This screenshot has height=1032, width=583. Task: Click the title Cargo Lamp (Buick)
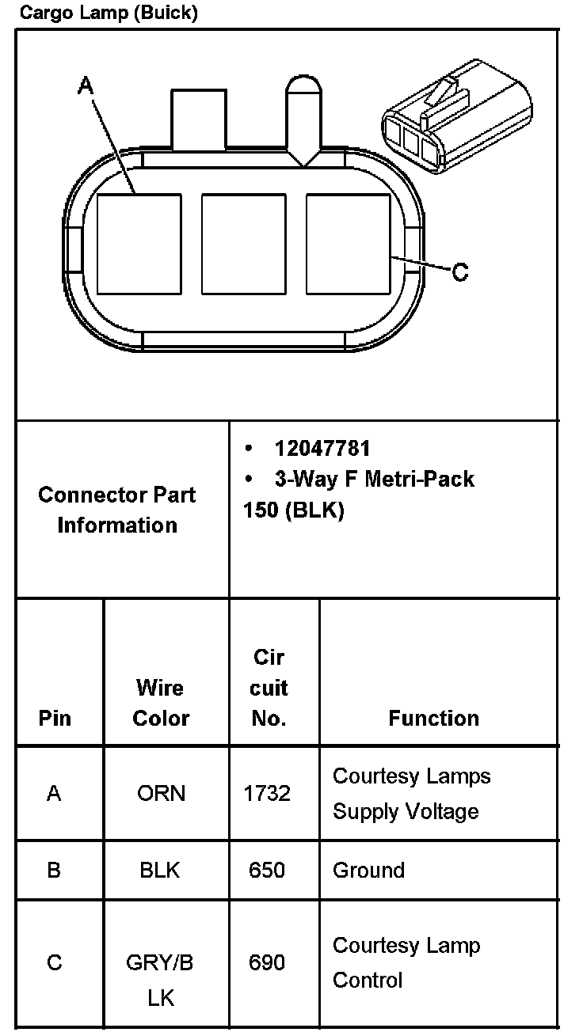click(x=109, y=13)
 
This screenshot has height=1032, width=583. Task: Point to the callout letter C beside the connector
click(x=460, y=272)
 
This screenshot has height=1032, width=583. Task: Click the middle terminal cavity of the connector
click(x=243, y=243)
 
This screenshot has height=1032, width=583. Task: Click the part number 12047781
click(x=322, y=449)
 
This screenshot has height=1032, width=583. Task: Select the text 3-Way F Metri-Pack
click(x=374, y=479)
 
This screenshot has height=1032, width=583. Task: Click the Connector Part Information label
click(x=117, y=510)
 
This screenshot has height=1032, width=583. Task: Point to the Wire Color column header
click(x=161, y=703)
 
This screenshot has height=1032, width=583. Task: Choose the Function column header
click(x=433, y=718)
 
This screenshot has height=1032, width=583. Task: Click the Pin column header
click(x=55, y=718)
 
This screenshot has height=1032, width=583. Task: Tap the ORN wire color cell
click(x=161, y=793)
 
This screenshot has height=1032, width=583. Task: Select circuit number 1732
click(x=267, y=793)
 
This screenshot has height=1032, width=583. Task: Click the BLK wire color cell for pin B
click(x=160, y=871)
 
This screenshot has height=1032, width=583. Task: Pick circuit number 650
click(x=267, y=871)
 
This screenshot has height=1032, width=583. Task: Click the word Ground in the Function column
click(x=368, y=871)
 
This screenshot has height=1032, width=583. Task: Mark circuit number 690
click(x=267, y=962)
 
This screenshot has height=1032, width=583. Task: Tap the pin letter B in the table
click(x=54, y=871)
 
